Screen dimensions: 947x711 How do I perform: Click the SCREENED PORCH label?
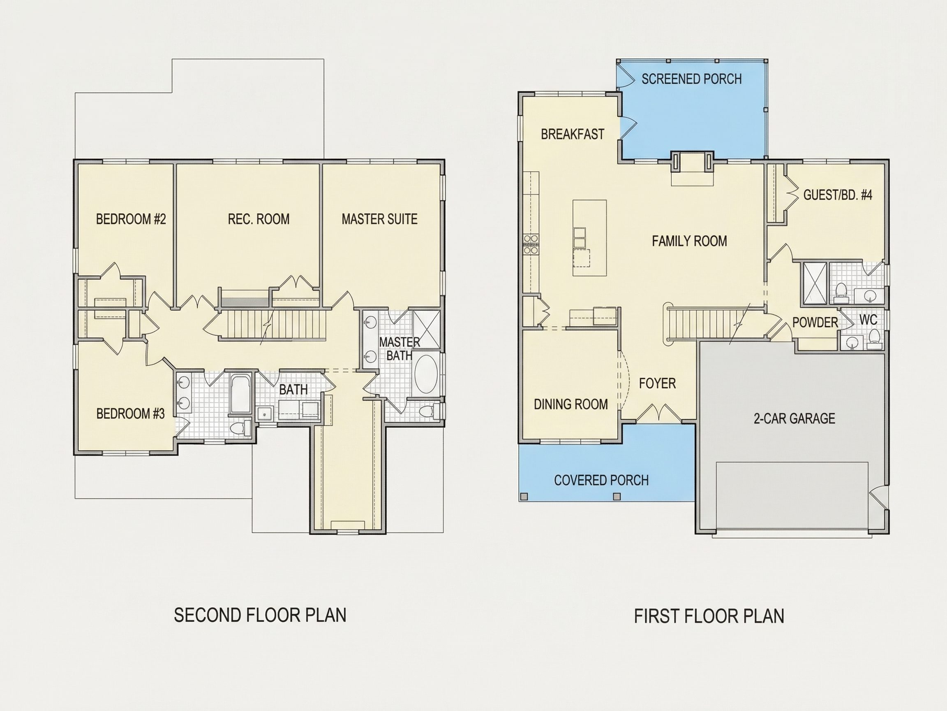(x=691, y=79)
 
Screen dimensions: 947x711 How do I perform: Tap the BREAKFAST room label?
(x=573, y=134)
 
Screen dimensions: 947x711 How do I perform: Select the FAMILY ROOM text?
(x=689, y=241)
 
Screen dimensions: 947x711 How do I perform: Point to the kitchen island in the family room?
(x=589, y=238)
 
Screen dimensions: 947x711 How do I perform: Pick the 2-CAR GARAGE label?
(x=794, y=418)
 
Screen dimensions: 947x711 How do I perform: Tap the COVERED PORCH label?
(x=601, y=480)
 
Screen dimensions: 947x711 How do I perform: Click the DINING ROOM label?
(x=571, y=404)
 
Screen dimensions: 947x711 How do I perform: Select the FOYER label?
(x=657, y=383)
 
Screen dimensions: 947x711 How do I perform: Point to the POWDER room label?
(x=815, y=322)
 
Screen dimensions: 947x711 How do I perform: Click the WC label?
(x=868, y=319)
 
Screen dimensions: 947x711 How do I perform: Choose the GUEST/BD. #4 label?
(x=837, y=195)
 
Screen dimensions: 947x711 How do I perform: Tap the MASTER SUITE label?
(x=379, y=219)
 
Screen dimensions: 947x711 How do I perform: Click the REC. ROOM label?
(x=259, y=219)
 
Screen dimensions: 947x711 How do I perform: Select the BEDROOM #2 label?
(x=131, y=219)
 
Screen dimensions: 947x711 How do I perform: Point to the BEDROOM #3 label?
(x=131, y=414)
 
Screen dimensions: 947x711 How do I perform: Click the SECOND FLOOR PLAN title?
(x=260, y=615)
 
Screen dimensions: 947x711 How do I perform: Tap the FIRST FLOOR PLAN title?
(x=709, y=616)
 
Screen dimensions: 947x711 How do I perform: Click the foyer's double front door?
(x=657, y=413)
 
